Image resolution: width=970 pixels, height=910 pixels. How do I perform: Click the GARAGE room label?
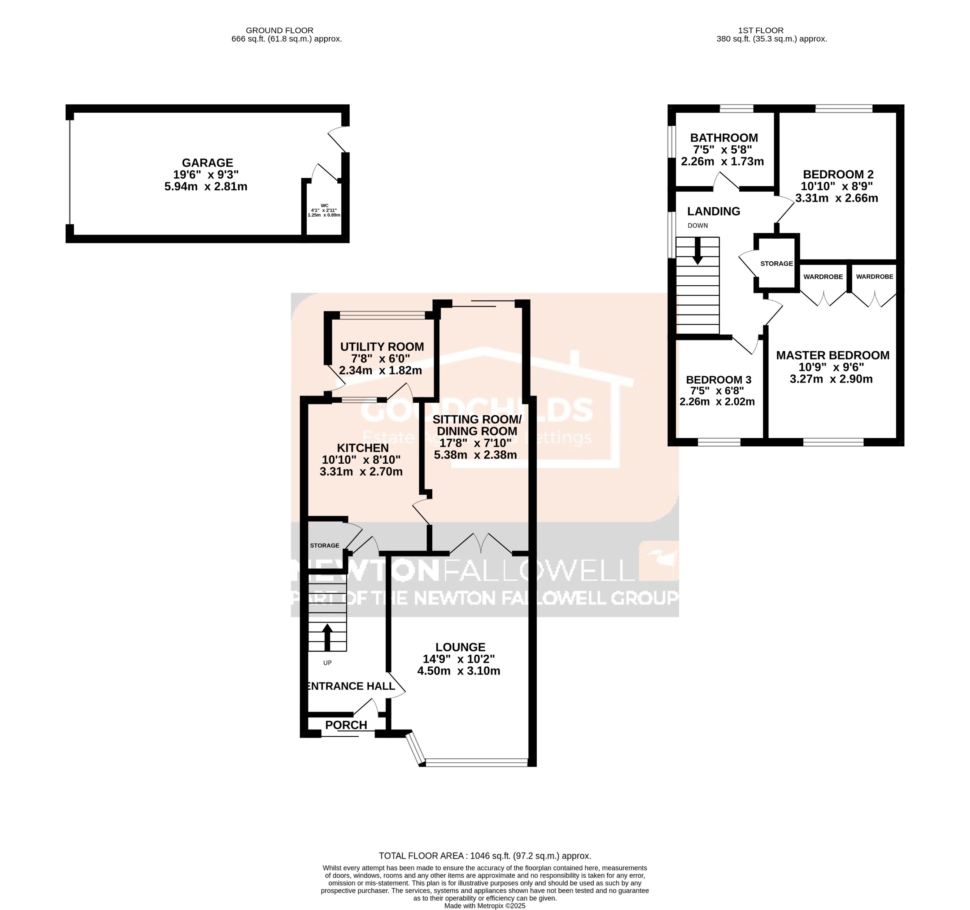point(207,162)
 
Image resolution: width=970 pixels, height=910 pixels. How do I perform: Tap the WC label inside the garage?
point(324,205)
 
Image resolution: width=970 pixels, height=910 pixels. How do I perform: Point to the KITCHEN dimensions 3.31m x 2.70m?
point(361,472)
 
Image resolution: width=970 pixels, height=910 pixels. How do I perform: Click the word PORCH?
point(346,725)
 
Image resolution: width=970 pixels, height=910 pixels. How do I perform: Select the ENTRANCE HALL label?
point(350,686)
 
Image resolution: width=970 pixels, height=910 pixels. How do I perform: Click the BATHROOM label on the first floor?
point(724,138)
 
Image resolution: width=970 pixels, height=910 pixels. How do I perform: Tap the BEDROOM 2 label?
point(838,174)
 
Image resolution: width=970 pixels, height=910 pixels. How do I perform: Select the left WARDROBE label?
point(823,277)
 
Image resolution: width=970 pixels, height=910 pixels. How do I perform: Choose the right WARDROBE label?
point(874,277)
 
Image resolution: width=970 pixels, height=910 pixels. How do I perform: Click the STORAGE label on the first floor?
point(776,264)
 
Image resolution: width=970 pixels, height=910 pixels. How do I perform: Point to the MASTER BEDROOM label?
point(833,355)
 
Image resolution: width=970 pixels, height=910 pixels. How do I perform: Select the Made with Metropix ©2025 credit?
point(485,906)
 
